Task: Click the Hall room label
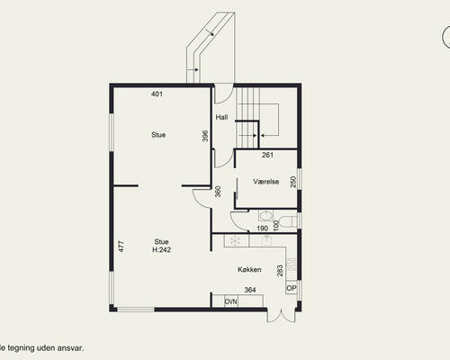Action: [221, 117]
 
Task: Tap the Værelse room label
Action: [266, 182]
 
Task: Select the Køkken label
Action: [249, 269]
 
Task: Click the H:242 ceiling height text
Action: [162, 249]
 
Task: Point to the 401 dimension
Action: [157, 94]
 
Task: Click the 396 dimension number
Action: [205, 136]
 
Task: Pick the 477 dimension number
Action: [121, 247]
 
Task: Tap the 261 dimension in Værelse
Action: [267, 155]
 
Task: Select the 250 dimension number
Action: [293, 182]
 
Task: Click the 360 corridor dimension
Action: [218, 192]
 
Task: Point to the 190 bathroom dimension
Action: [263, 229]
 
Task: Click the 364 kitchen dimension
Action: [250, 290]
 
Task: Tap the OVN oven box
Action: [231, 301]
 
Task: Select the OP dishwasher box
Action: [292, 288]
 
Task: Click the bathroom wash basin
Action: [265, 216]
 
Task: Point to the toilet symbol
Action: [288, 220]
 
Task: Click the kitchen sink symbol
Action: [266, 240]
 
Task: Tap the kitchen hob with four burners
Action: [292, 265]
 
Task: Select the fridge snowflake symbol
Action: [236, 240]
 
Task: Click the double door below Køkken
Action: [281, 316]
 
